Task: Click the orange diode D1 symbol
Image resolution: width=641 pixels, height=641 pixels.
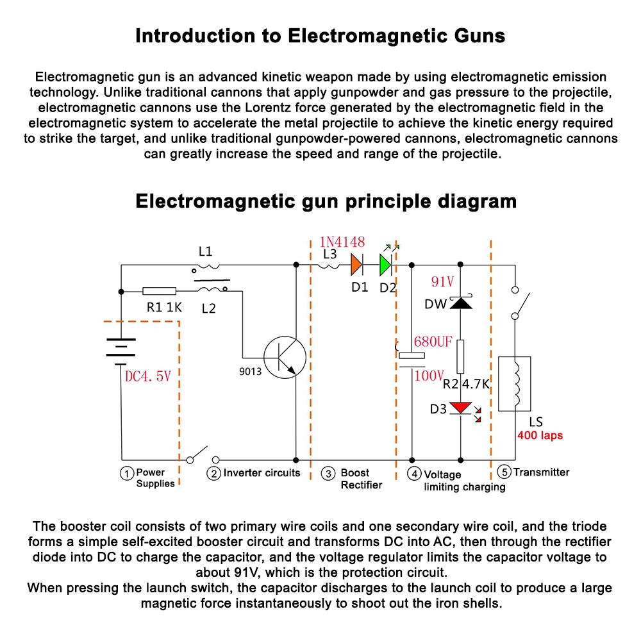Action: tap(356, 264)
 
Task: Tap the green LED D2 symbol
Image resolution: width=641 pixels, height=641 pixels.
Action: tap(385, 264)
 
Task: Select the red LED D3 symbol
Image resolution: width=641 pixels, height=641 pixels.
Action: tap(460, 408)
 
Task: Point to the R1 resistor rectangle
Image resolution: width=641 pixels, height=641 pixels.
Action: tap(160, 290)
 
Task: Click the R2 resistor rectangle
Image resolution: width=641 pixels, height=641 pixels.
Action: tap(460, 357)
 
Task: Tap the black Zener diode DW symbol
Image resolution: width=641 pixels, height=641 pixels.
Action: tap(460, 302)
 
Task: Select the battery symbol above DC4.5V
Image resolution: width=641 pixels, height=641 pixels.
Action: tap(121, 351)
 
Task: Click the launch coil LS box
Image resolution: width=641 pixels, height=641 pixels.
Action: tap(514, 383)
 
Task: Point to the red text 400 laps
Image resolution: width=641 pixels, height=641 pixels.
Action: tap(540, 436)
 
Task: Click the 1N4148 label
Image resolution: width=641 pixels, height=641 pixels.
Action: tap(342, 242)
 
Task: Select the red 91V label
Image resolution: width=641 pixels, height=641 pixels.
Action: tap(442, 282)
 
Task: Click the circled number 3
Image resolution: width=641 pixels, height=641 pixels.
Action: tap(328, 474)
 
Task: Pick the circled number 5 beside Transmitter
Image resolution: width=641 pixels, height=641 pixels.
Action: tap(504, 472)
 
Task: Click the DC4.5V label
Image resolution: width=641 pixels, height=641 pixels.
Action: tap(148, 376)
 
